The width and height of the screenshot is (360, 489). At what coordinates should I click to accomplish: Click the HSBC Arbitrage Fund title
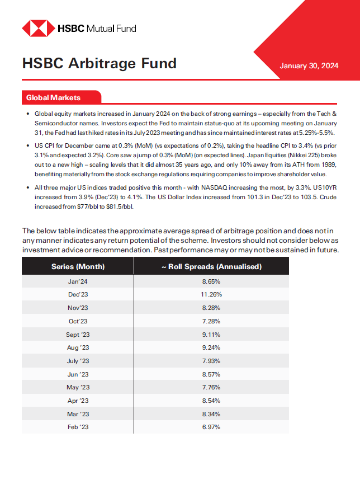point(99,63)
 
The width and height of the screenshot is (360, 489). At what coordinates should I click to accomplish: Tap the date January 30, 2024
point(309,66)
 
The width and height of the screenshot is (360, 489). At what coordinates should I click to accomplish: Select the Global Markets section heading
point(54,98)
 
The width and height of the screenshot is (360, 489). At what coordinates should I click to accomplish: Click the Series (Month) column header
point(78,266)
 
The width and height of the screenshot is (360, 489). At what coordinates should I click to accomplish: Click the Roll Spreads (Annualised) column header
point(211,266)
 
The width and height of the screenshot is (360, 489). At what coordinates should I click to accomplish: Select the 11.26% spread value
point(211,294)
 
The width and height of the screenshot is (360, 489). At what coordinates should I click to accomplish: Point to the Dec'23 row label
point(78,294)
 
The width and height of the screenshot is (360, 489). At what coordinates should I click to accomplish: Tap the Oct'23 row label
point(78,321)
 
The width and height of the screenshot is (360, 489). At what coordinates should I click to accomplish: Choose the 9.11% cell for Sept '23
point(211,335)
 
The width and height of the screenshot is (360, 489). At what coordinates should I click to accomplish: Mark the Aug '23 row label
point(78,347)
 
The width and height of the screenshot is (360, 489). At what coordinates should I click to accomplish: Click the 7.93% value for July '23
point(211,361)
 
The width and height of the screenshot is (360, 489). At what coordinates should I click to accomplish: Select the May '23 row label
point(78,387)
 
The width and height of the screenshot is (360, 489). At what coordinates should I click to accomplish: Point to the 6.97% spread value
point(211,427)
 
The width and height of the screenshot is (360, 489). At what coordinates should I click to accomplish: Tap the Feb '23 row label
point(78,427)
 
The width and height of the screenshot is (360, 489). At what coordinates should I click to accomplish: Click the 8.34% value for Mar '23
point(211,414)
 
